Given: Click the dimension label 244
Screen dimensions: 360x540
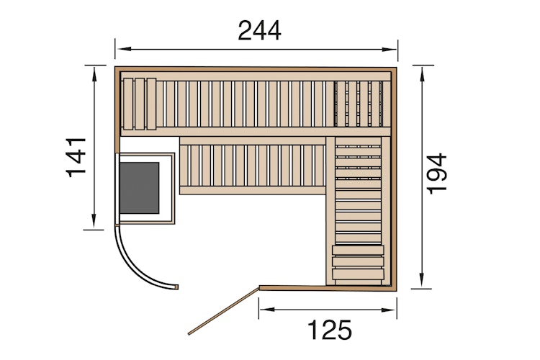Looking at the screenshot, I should (259, 30).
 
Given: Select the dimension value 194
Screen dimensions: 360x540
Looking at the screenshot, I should (437, 173).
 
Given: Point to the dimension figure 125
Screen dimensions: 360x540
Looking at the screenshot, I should (330, 330).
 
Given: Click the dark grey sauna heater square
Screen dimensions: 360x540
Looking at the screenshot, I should (139, 187).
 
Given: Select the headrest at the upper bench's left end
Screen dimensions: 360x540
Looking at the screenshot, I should (139, 103).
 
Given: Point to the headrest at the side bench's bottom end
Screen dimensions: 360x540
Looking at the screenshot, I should (357, 263).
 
